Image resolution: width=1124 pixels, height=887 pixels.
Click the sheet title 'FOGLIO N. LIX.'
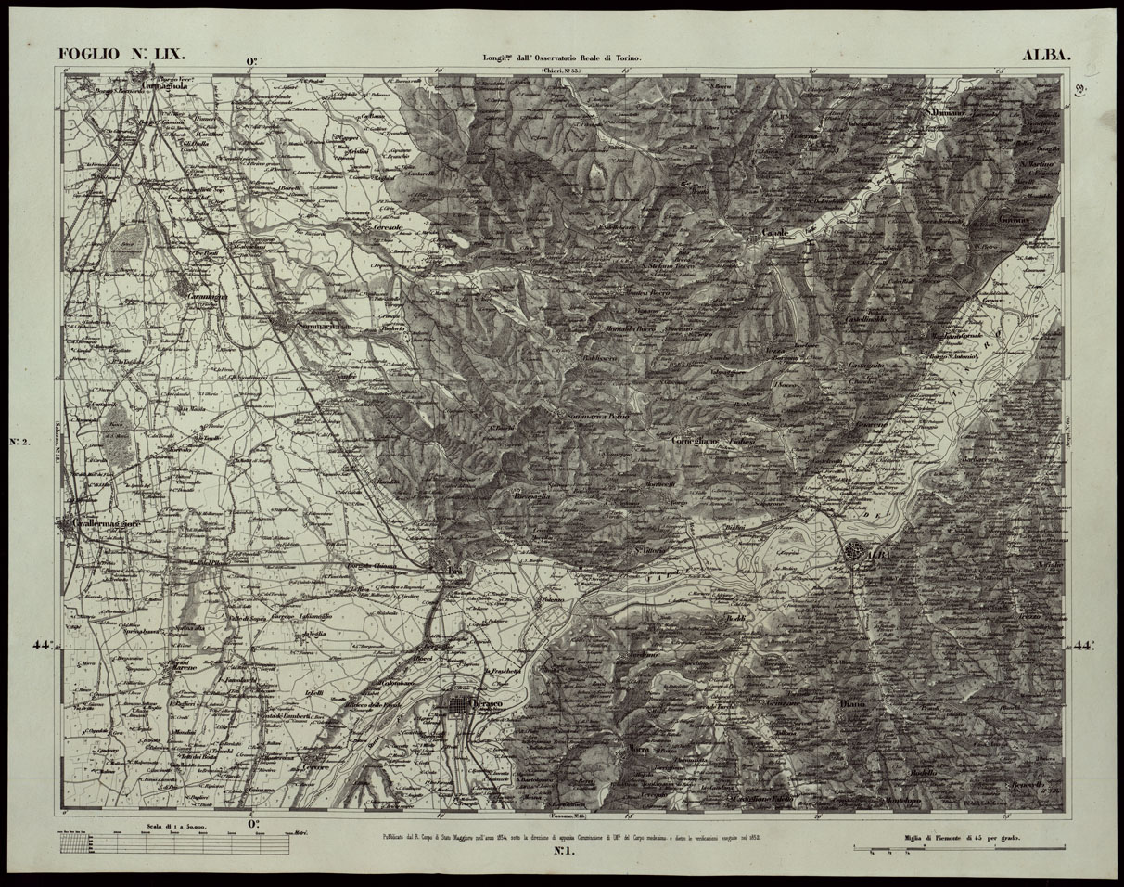click(x=122, y=55)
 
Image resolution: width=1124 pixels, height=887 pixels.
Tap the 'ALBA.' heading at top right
click(x=1046, y=55)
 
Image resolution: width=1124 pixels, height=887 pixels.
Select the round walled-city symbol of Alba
click(x=853, y=555)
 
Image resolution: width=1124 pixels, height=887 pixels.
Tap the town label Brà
click(x=453, y=570)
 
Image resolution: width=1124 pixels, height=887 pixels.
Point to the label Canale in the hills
click(x=774, y=231)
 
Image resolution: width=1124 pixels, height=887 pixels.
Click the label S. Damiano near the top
click(x=947, y=112)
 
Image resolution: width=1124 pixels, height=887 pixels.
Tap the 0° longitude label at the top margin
click(x=251, y=63)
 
